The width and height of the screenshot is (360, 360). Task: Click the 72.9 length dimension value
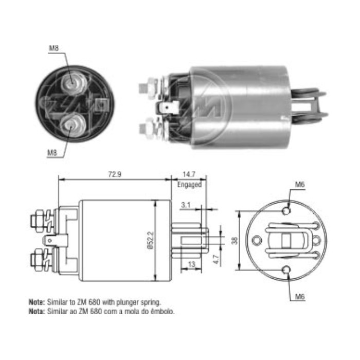[x=115, y=174]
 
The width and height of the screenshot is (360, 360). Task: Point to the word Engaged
[x=189, y=184]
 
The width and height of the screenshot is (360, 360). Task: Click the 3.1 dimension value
[x=186, y=205]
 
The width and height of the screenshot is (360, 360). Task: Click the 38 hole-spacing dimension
[x=235, y=240]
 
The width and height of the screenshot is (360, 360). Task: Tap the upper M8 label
[x=54, y=48]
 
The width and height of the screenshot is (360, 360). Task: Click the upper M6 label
[x=300, y=185]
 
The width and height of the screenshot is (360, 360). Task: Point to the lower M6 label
[x=300, y=296]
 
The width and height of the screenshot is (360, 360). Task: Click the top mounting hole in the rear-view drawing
[x=286, y=210]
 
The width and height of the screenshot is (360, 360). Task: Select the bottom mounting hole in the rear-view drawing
[x=286, y=269]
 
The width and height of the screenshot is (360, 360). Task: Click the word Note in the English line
[x=37, y=303]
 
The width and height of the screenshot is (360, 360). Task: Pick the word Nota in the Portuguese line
[x=37, y=312]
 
